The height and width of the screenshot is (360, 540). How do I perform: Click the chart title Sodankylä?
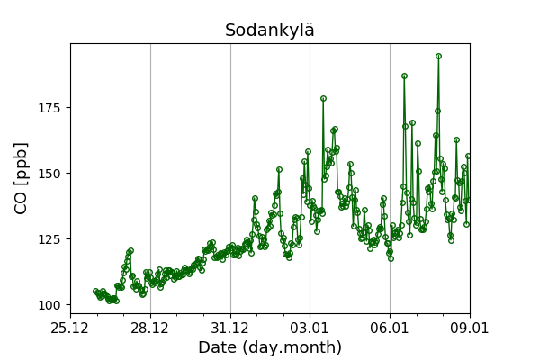point(270,31)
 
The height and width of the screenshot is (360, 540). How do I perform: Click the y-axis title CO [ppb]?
point(22,177)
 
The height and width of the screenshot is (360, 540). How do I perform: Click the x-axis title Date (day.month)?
point(270,347)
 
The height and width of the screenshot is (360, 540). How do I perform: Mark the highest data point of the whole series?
point(438,56)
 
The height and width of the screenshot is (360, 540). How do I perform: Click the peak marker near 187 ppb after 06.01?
point(404,76)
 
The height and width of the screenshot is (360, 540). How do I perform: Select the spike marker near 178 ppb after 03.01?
point(323,98)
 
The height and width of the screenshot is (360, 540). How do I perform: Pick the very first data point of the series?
point(95,292)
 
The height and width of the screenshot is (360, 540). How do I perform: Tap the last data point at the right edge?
point(468,156)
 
